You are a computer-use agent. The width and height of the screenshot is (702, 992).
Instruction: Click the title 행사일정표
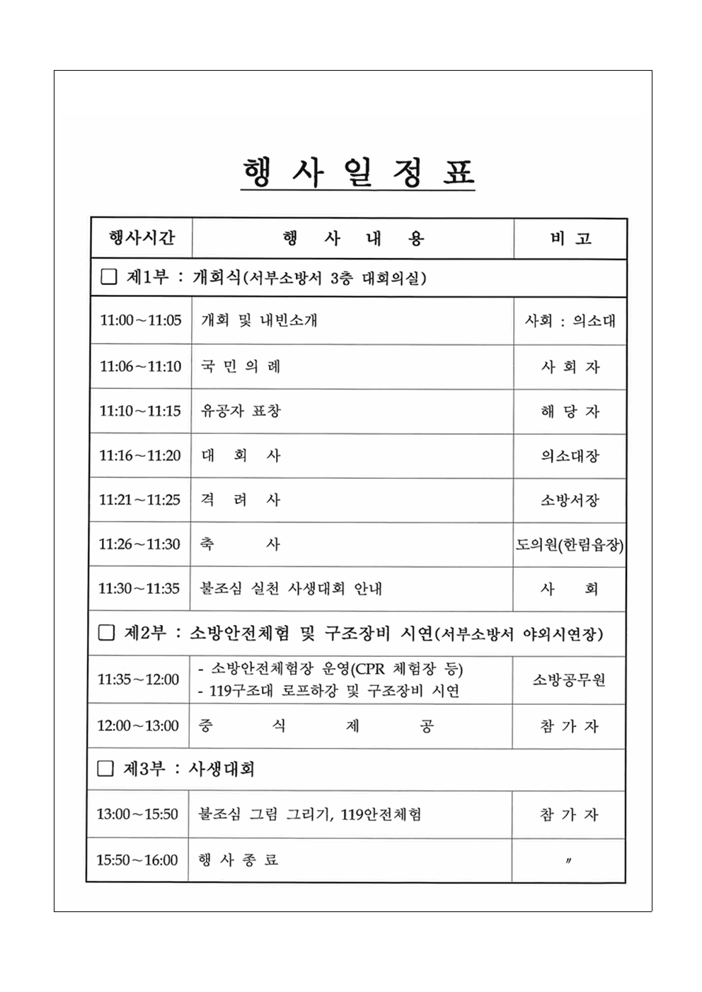coord(357,173)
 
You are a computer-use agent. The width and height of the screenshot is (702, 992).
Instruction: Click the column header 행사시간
coord(142,238)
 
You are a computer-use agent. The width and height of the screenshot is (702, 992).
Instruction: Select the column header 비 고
coord(570,239)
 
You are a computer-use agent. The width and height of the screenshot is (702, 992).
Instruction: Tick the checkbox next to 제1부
coord(108,277)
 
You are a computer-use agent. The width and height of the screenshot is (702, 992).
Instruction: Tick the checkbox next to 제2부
coord(106,633)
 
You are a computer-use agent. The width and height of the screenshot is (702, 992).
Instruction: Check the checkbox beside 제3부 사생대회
coord(105,769)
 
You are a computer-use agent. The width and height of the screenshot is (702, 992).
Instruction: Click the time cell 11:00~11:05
coord(140,320)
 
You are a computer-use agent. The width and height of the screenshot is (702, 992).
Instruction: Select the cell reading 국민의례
coord(241,366)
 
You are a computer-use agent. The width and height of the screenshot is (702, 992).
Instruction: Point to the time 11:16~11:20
coord(140,455)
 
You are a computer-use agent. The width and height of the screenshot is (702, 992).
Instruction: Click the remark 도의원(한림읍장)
coord(570,544)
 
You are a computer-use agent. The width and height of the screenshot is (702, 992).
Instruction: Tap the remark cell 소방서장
coord(570,500)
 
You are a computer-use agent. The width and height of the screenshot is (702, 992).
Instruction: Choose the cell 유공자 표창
coord(241,411)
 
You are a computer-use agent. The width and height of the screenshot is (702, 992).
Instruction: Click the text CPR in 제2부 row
coord(369,669)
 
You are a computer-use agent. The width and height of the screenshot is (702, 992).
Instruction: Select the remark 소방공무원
coord(569,679)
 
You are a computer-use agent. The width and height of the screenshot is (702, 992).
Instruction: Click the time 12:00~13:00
coord(138,725)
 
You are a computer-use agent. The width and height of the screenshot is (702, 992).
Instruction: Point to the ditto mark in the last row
coord(569,860)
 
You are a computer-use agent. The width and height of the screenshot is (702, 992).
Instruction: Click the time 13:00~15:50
coord(137,814)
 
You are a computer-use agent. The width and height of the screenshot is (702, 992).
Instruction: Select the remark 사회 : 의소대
coord(570,320)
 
